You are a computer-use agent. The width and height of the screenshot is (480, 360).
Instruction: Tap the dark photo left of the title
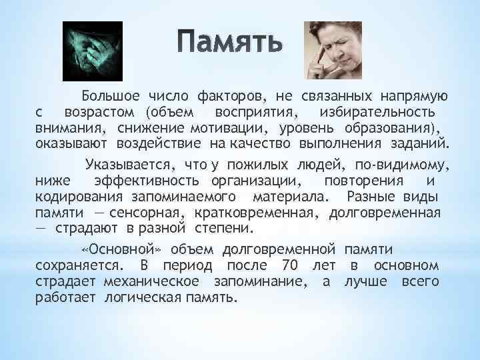(x=93, y=50)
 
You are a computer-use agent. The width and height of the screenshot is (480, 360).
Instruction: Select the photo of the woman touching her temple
(x=332, y=50)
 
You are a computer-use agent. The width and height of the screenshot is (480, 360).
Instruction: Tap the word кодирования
(x=78, y=197)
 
